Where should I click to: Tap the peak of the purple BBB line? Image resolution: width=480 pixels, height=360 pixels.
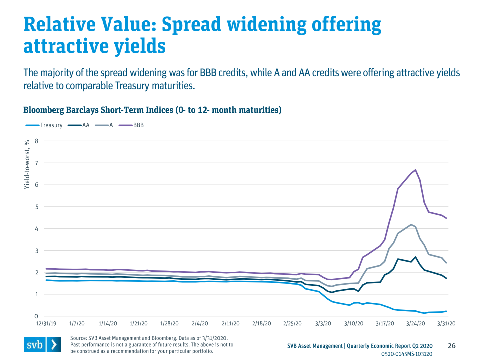(415, 170)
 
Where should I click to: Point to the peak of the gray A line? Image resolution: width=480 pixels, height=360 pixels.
(411, 225)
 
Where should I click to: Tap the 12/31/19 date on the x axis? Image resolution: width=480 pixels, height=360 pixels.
(46, 324)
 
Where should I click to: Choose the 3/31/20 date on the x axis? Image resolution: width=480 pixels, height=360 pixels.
(446, 324)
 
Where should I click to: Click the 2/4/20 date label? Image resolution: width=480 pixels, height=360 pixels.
(200, 324)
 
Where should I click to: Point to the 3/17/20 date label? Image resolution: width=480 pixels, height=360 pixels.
(384, 324)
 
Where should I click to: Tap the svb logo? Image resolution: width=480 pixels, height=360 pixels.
(43, 345)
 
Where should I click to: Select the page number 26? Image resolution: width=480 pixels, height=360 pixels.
(452, 346)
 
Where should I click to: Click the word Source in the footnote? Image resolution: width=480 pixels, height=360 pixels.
(79, 338)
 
